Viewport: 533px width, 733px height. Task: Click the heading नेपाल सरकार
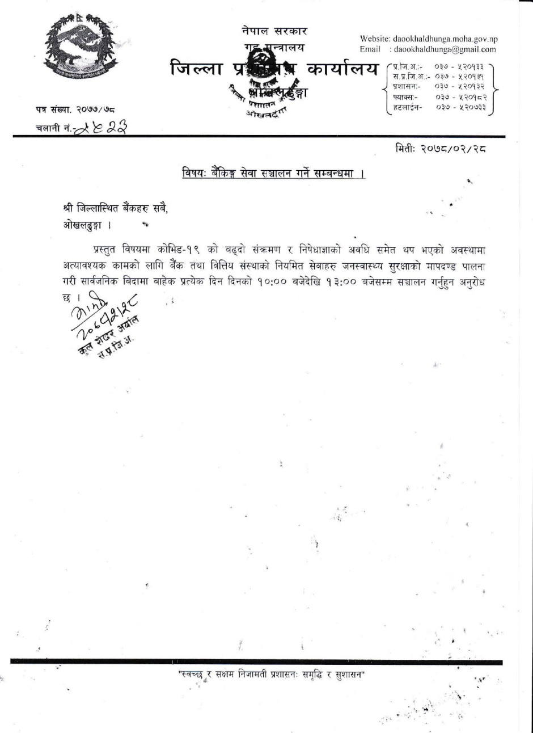pos(274,31)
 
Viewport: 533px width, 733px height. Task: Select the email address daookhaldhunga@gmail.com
pos(445,49)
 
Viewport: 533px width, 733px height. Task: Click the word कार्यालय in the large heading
pos(342,70)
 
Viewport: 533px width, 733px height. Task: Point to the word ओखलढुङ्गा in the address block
pos(82,225)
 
